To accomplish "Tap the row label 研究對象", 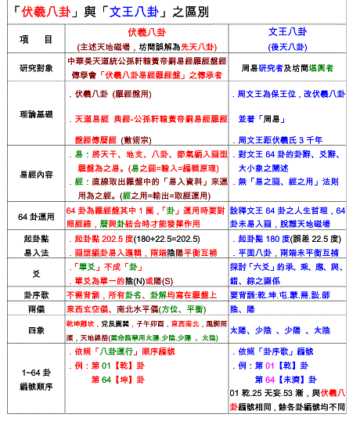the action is (36, 67).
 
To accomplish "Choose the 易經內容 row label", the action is (36, 177).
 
